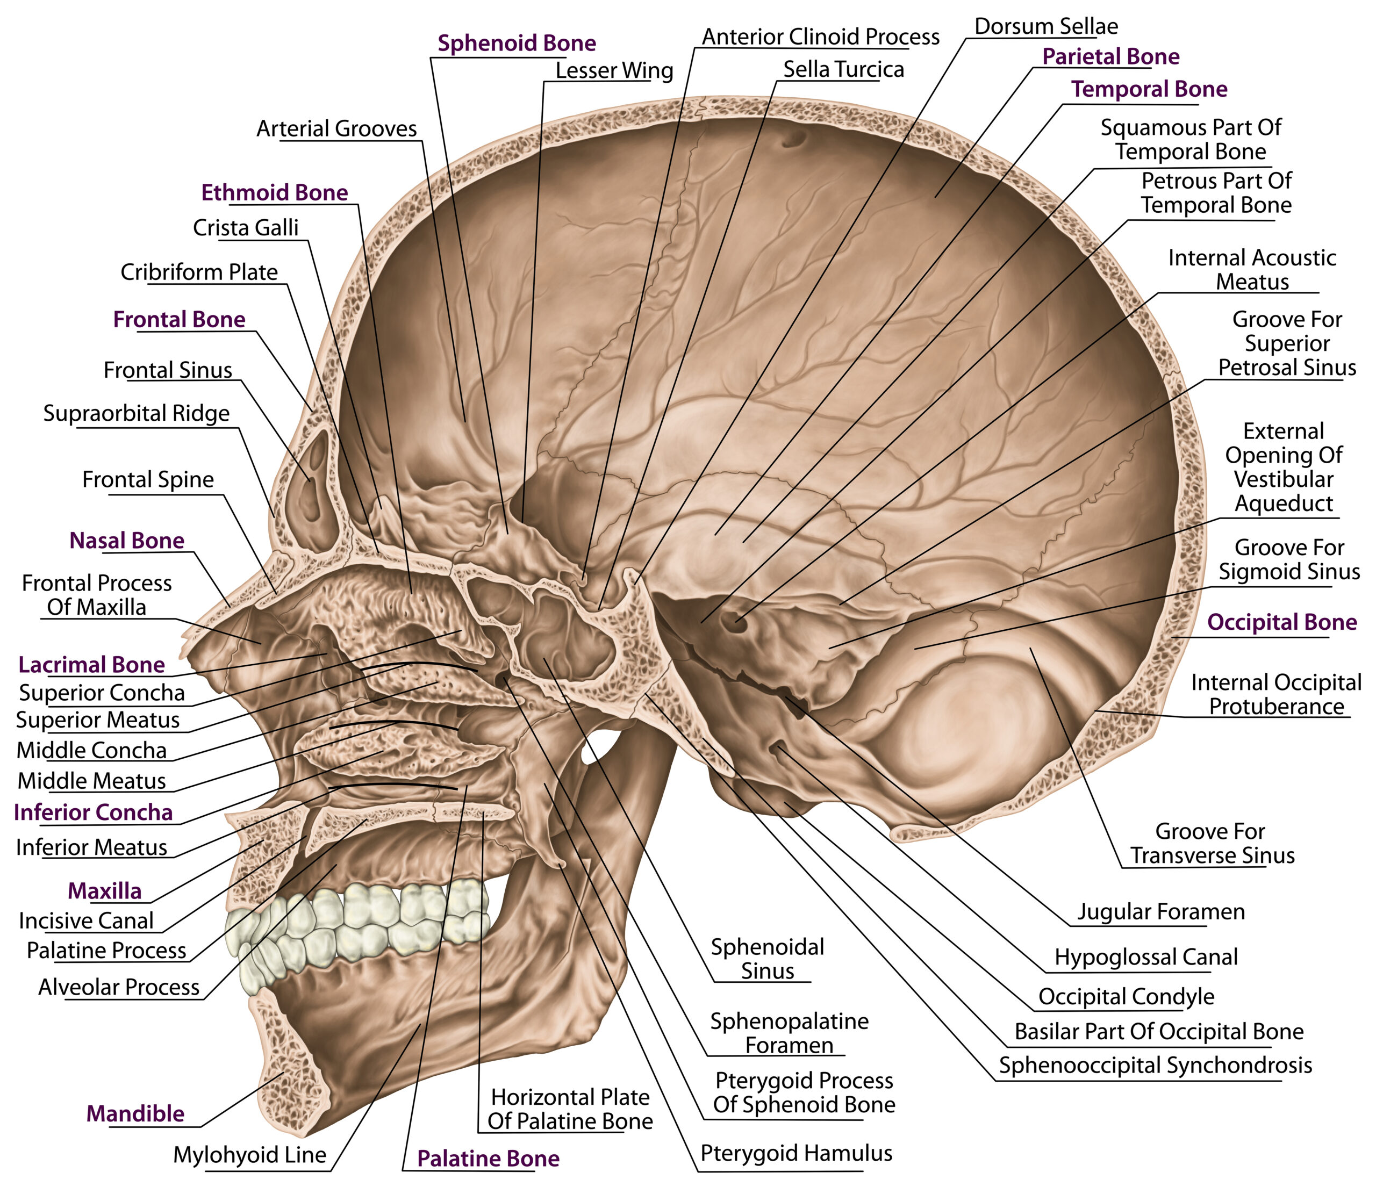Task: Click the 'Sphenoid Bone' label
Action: pos(516,44)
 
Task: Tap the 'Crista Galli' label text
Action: pos(245,228)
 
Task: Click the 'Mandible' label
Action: pos(135,1113)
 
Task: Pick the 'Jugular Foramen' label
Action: pos(1161,911)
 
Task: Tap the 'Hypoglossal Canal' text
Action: pos(1145,957)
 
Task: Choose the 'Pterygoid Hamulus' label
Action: pos(795,1153)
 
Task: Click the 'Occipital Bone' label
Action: pos(1281,622)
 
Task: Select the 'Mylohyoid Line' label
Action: pos(250,1155)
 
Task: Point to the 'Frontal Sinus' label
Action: pos(168,370)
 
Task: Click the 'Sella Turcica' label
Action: pos(843,69)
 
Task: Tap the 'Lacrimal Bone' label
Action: pos(91,664)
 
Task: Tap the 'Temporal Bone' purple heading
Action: pos(1149,89)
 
